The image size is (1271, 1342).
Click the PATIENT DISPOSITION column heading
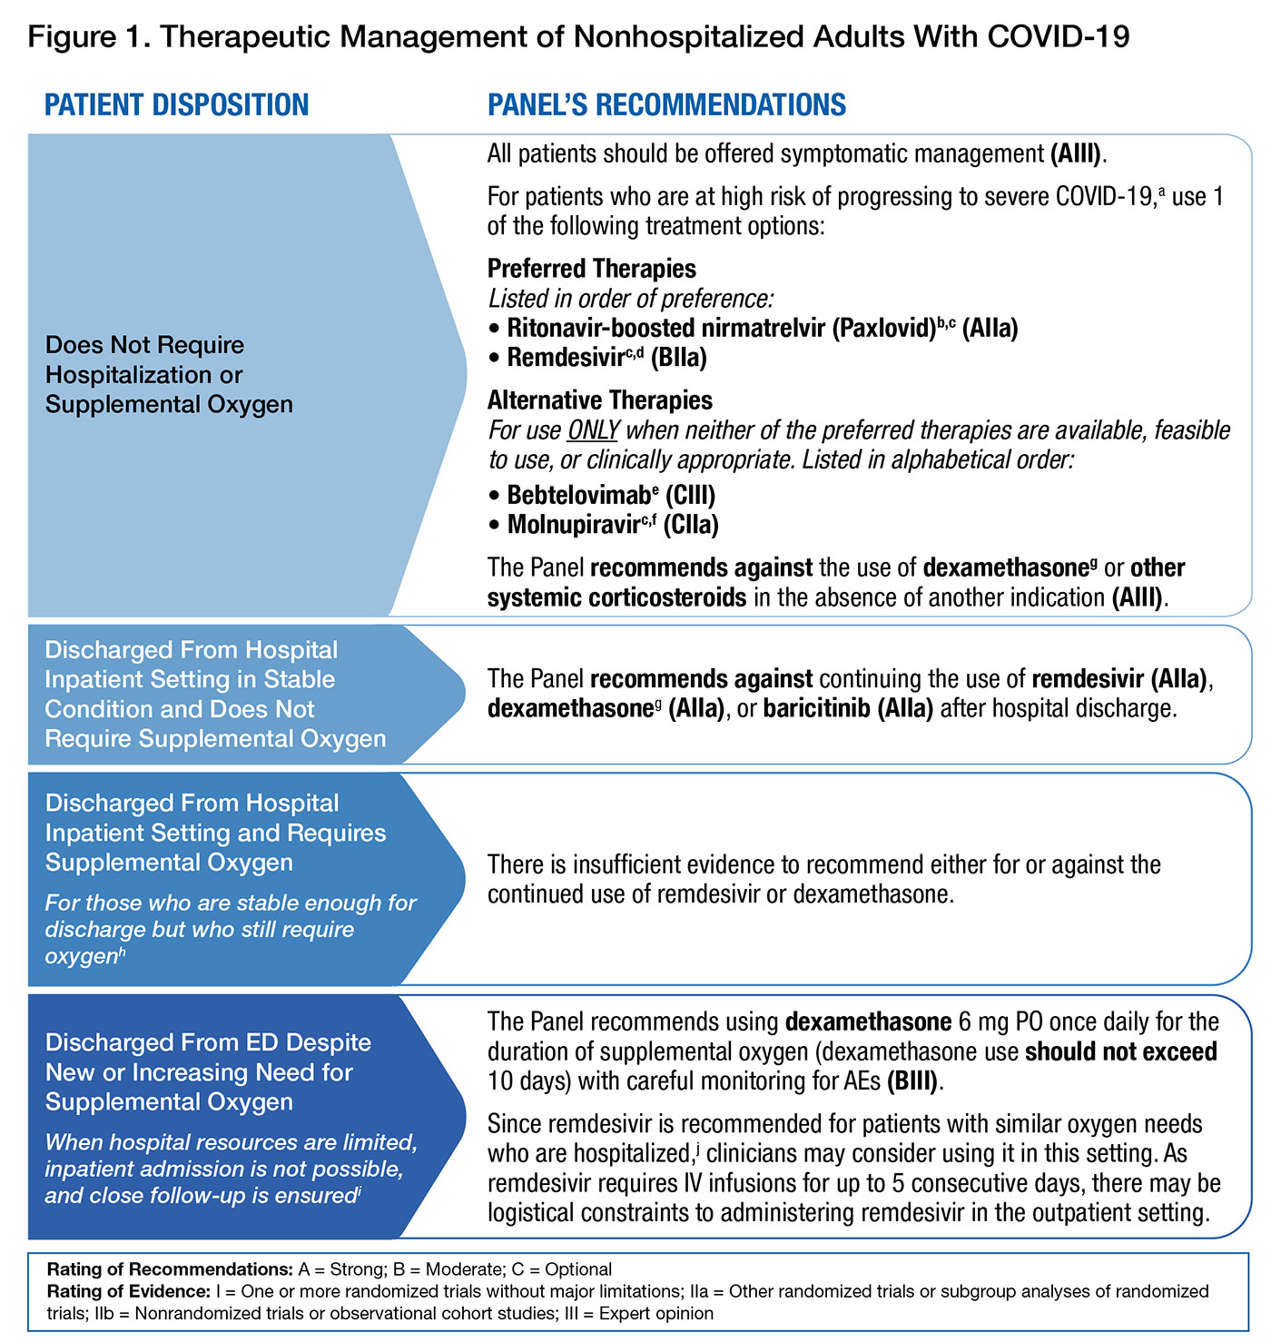(177, 105)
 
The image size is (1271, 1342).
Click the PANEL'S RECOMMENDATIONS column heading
(666, 105)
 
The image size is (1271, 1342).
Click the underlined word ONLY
(593, 429)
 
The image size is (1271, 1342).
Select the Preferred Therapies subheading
(591, 269)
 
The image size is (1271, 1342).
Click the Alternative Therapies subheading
(599, 400)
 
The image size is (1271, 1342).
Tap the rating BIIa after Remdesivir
(678, 358)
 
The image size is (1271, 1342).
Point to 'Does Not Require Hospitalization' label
(145, 345)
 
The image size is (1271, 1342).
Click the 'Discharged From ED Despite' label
(208, 1042)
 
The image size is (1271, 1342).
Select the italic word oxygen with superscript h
(82, 956)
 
